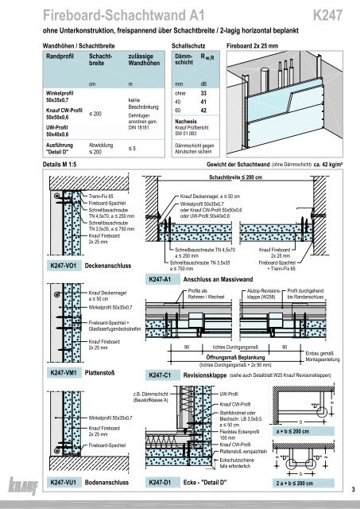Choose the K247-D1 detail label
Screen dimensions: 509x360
163,483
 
